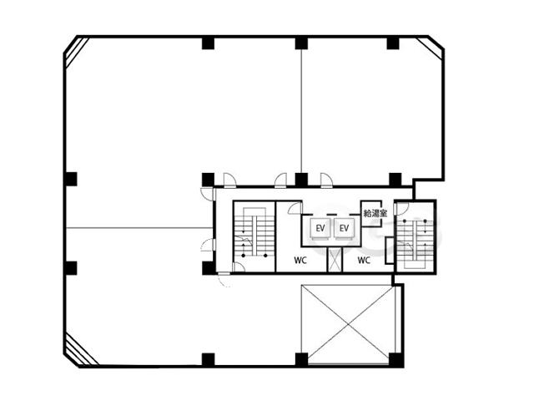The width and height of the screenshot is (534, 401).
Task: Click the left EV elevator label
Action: [320, 228]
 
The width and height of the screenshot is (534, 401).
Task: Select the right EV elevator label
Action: [344, 228]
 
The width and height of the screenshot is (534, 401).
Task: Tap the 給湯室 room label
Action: [375, 214]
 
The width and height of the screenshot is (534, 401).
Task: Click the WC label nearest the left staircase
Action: [300, 261]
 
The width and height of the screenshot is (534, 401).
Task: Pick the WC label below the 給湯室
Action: [364, 261]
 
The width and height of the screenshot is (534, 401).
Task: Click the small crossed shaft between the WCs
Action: [335, 260]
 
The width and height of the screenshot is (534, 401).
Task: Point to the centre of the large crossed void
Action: [348, 324]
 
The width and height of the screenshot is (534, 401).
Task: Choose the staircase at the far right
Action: [415, 236]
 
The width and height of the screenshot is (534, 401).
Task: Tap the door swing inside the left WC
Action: [295, 208]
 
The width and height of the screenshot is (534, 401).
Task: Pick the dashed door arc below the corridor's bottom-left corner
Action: [224, 281]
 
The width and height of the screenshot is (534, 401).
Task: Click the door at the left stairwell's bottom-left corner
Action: [239, 267]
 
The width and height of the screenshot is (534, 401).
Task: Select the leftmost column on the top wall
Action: [208, 43]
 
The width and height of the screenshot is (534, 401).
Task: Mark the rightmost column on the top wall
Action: [393, 43]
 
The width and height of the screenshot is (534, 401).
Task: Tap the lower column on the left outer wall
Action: [71, 268]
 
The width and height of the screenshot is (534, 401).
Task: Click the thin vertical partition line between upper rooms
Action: [301, 111]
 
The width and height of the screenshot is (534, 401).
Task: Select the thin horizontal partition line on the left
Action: [140, 228]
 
